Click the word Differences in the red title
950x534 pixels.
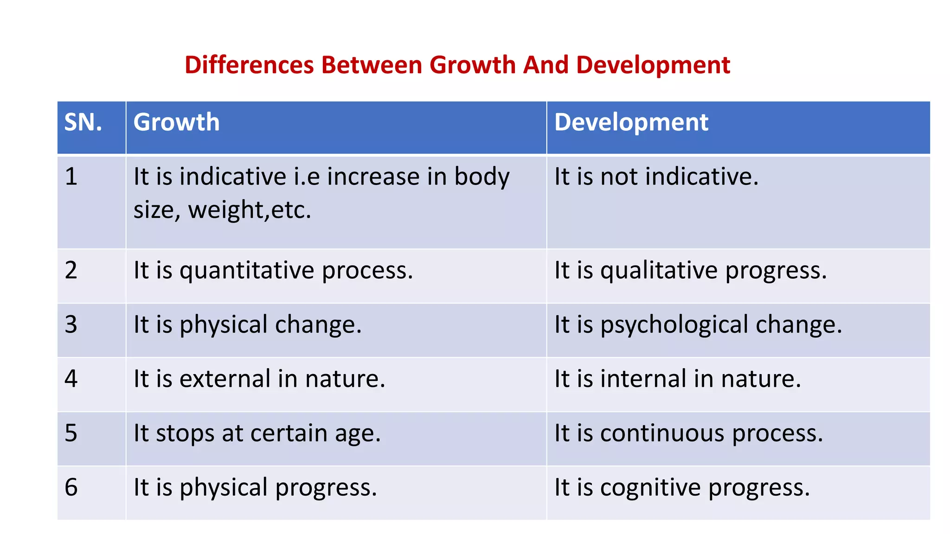[250, 65]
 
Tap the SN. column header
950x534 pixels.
[83, 122]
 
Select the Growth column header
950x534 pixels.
[176, 122]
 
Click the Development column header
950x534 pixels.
[631, 122]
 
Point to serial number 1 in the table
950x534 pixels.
[71, 177]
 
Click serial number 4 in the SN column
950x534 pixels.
[71, 379]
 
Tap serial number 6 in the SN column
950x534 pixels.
[71, 488]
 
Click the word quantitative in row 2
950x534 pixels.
[247, 271]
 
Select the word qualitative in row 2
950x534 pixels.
[659, 271]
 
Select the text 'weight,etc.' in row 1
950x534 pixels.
[250, 210]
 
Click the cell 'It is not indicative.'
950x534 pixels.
[656, 177]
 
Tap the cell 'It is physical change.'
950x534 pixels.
[247, 325]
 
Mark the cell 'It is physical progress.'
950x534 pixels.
[255, 488]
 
